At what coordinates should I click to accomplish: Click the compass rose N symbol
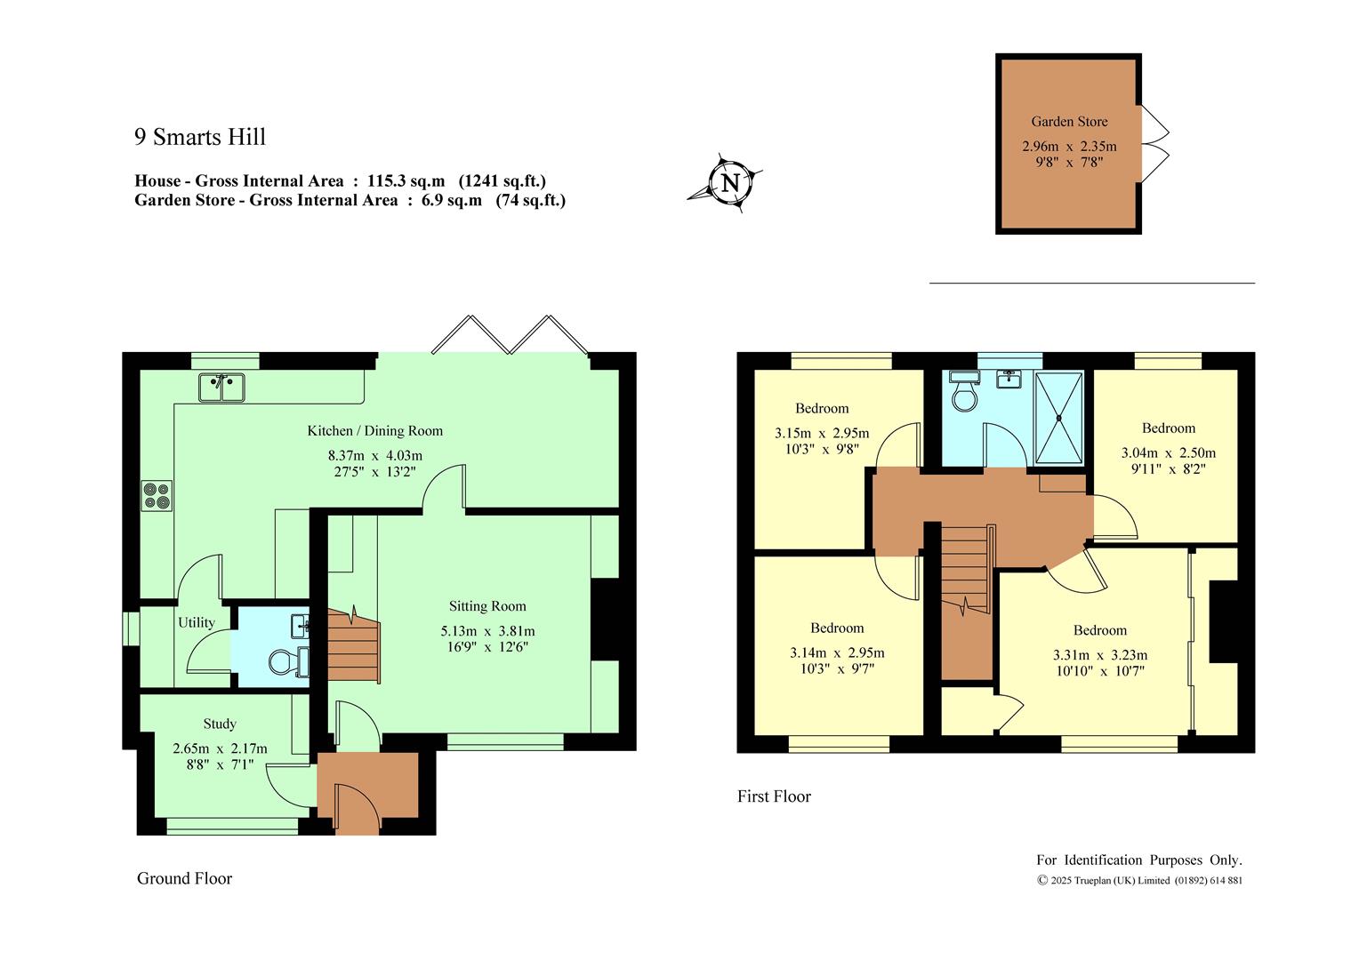click(730, 182)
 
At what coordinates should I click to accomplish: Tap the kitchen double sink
click(222, 388)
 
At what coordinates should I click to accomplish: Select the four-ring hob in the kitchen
click(157, 495)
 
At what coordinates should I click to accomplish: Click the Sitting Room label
click(487, 606)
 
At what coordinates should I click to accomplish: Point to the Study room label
click(220, 724)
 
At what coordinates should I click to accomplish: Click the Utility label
click(197, 623)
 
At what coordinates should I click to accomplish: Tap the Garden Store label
click(1069, 121)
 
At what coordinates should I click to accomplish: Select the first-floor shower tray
click(1058, 418)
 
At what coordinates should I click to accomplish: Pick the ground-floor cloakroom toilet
click(289, 661)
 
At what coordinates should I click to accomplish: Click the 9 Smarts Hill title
click(200, 137)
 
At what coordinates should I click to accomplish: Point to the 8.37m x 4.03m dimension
click(375, 455)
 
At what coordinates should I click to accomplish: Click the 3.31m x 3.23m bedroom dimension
click(1100, 655)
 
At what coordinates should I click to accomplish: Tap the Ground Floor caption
click(184, 878)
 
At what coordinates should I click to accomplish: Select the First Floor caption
click(774, 796)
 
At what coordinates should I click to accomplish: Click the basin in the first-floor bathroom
click(1009, 379)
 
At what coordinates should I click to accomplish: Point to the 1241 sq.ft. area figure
click(503, 180)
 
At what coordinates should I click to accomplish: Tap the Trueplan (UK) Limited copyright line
click(1139, 881)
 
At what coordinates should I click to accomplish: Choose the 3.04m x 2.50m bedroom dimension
click(1169, 453)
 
